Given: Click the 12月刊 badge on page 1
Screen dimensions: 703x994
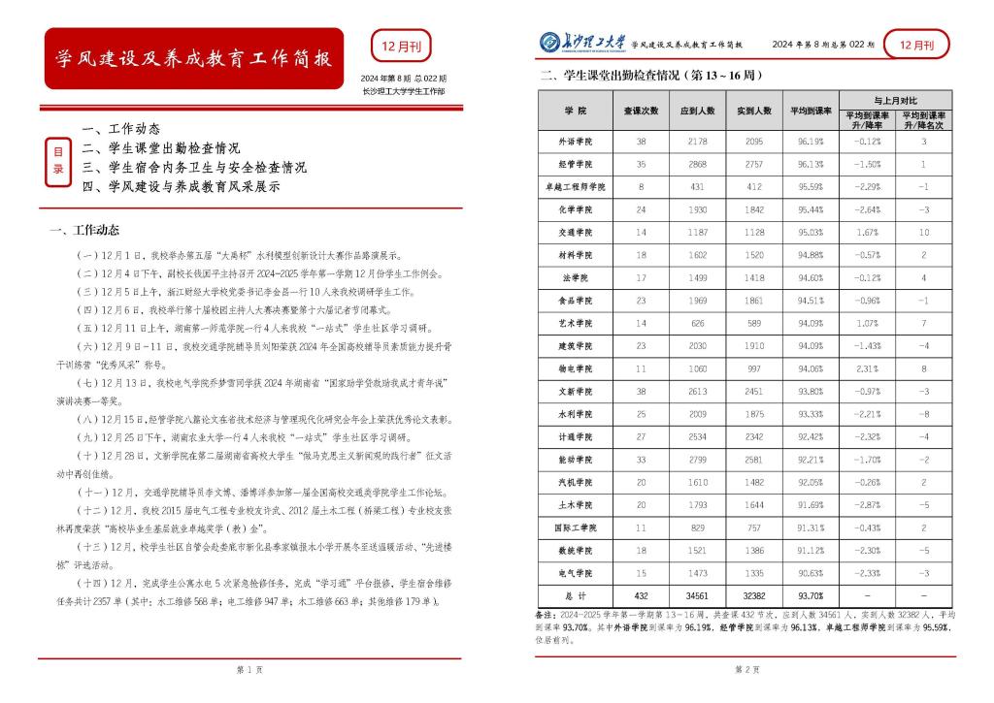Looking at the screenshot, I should point(401,46).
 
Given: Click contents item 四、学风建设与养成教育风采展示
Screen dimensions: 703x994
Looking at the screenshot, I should point(181,186).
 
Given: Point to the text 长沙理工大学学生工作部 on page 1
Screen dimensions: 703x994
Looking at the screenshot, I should point(404,91).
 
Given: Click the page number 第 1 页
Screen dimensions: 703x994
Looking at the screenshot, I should point(249,670).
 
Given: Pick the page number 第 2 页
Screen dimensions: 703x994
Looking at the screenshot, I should point(745,670).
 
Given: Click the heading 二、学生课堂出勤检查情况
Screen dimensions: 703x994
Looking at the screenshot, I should point(650,75).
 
